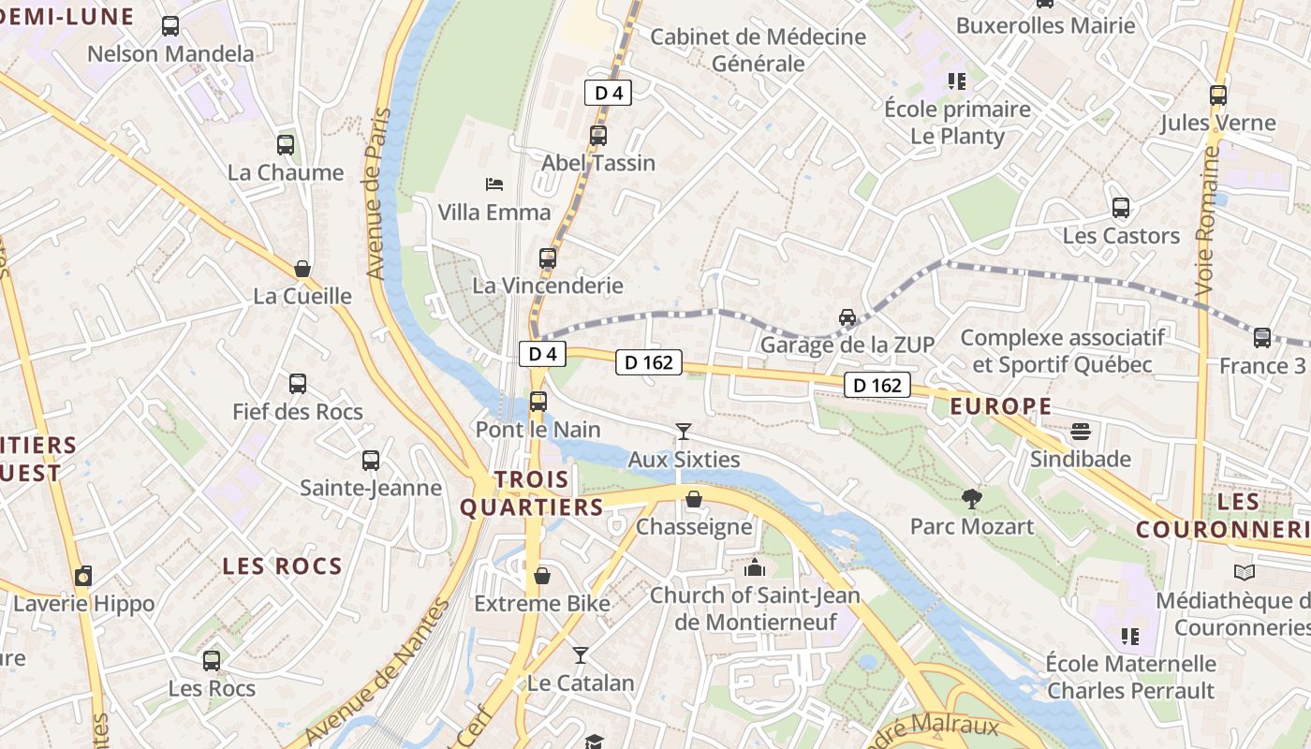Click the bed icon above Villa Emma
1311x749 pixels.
[494, 184]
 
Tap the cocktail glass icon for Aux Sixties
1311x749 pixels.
[684, 432]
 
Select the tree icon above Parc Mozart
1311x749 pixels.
[972, 498]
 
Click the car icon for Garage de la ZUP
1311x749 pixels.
[847, 317]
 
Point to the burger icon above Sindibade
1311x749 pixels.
[1081, 432]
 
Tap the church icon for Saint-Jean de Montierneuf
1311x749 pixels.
[754, 567]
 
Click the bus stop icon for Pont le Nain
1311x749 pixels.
[538, 402]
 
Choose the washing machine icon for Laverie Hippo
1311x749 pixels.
[83, 576]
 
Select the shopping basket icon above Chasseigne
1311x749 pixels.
[694, 499]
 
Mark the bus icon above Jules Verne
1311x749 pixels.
[1217, 95]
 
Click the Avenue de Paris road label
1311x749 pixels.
[377, 194]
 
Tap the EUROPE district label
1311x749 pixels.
[1000, 406]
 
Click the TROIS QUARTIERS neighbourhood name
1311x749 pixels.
[532, 493]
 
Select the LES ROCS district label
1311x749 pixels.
[282, 566]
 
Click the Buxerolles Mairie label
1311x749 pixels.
[1045, 25]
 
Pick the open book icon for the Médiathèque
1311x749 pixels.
[1244, 572]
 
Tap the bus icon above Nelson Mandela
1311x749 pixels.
[169, 26]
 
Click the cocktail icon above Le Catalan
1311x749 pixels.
[581, 655]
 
